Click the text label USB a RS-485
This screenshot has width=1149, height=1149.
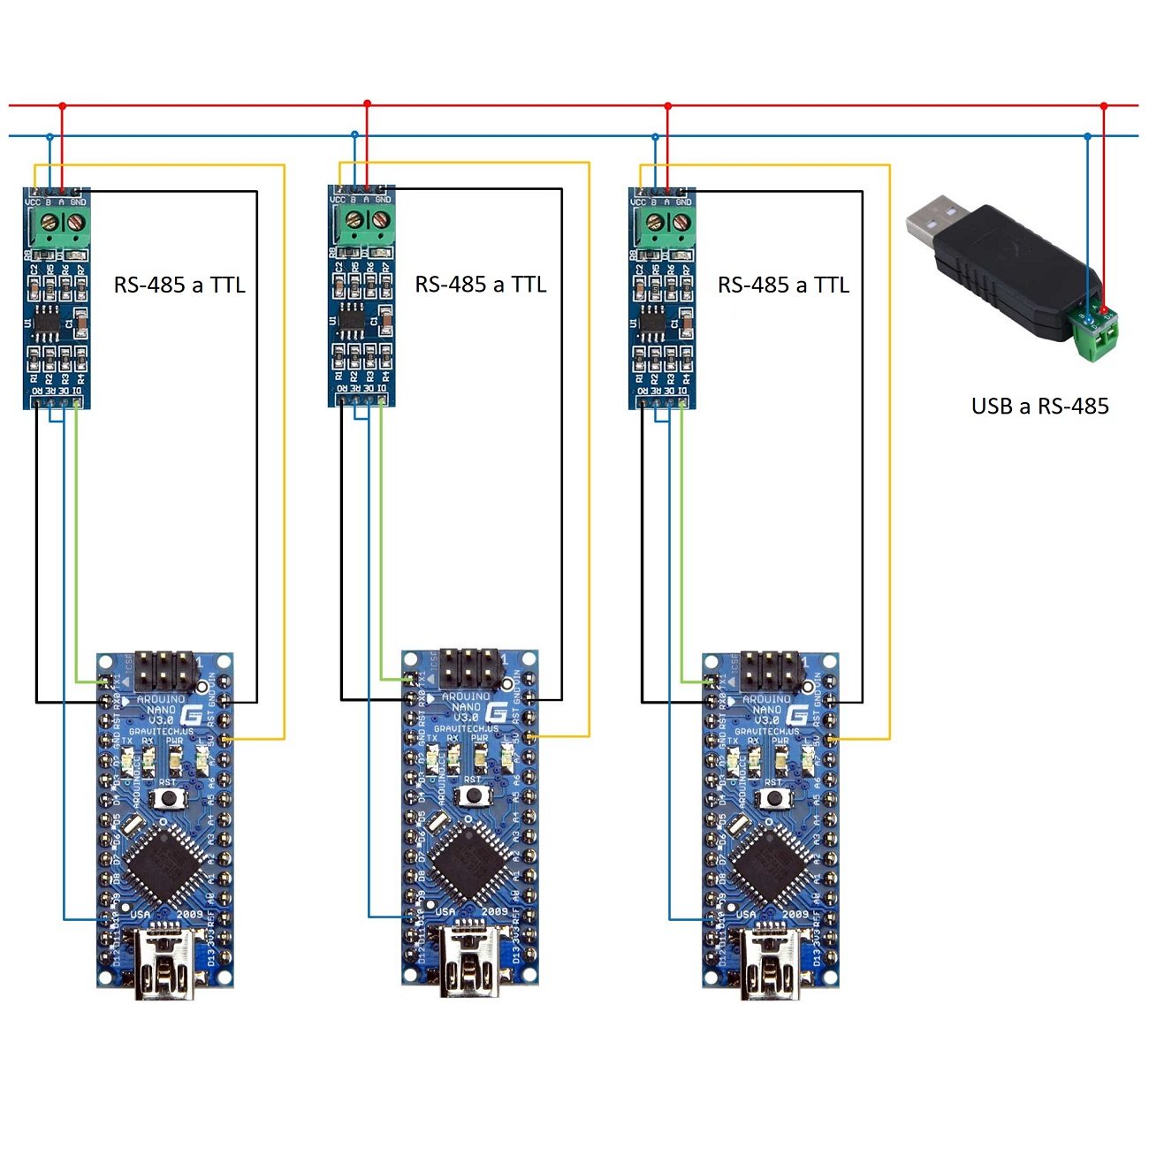(1039, 407)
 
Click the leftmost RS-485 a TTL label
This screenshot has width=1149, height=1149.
(179, 285)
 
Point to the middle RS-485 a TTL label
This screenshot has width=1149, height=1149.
(481, 285)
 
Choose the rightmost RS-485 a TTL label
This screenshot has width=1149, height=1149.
(783, 285)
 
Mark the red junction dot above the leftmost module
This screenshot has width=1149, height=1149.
(62, 106)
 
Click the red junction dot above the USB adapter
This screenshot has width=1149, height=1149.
(1103, 106)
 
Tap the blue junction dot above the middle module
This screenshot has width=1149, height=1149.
(354, 135)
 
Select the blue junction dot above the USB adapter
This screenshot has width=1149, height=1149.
(1088, 136)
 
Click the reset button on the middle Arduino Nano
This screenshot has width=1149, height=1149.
(474, 795)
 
